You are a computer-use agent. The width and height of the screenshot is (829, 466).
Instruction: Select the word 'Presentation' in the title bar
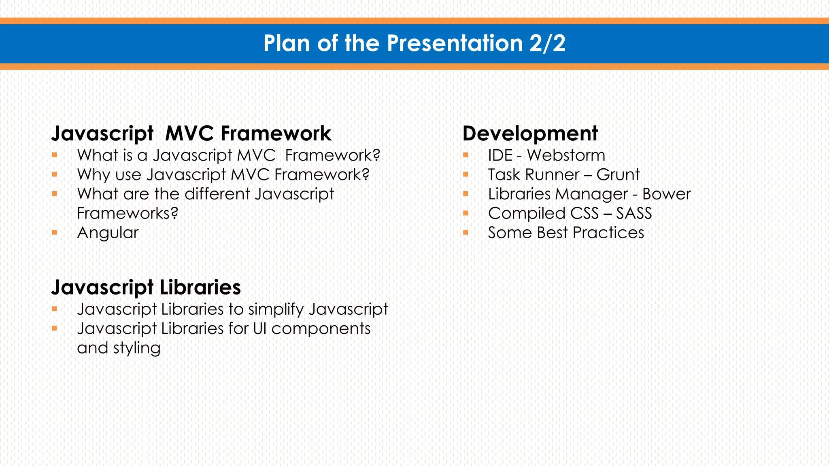(455, 43)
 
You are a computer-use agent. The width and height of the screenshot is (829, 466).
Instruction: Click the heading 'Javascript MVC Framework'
(191, 133)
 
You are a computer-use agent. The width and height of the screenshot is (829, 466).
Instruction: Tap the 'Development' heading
(530, 133)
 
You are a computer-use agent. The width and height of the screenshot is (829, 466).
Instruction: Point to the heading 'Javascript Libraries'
(146, 287)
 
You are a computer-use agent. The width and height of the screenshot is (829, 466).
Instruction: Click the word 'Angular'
(108, 233)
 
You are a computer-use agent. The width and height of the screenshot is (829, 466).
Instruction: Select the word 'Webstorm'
(566, 155)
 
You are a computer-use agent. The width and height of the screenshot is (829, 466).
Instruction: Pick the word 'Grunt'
(618, 175)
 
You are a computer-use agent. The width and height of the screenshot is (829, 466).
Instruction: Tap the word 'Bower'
(666, 194)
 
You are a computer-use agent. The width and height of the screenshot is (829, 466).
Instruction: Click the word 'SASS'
(634, 214)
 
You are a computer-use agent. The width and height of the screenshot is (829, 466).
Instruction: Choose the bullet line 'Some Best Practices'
(566, 233)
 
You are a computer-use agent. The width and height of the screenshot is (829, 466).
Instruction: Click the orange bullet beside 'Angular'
(54, 233)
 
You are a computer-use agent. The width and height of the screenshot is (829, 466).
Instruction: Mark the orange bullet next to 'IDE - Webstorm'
(466, 155)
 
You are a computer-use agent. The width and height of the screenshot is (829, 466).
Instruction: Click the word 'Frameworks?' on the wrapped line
(128, 214)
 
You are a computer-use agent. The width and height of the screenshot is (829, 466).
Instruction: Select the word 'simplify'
(276, 309)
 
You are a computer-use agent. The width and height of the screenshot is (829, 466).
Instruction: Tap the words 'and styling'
(119, 348)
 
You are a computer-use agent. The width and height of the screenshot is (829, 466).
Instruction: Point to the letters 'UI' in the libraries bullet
(260, 329)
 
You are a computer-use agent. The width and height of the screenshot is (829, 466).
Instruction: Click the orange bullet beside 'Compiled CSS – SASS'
(466, 213)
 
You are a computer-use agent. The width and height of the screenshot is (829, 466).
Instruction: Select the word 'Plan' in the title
(287, 43)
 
